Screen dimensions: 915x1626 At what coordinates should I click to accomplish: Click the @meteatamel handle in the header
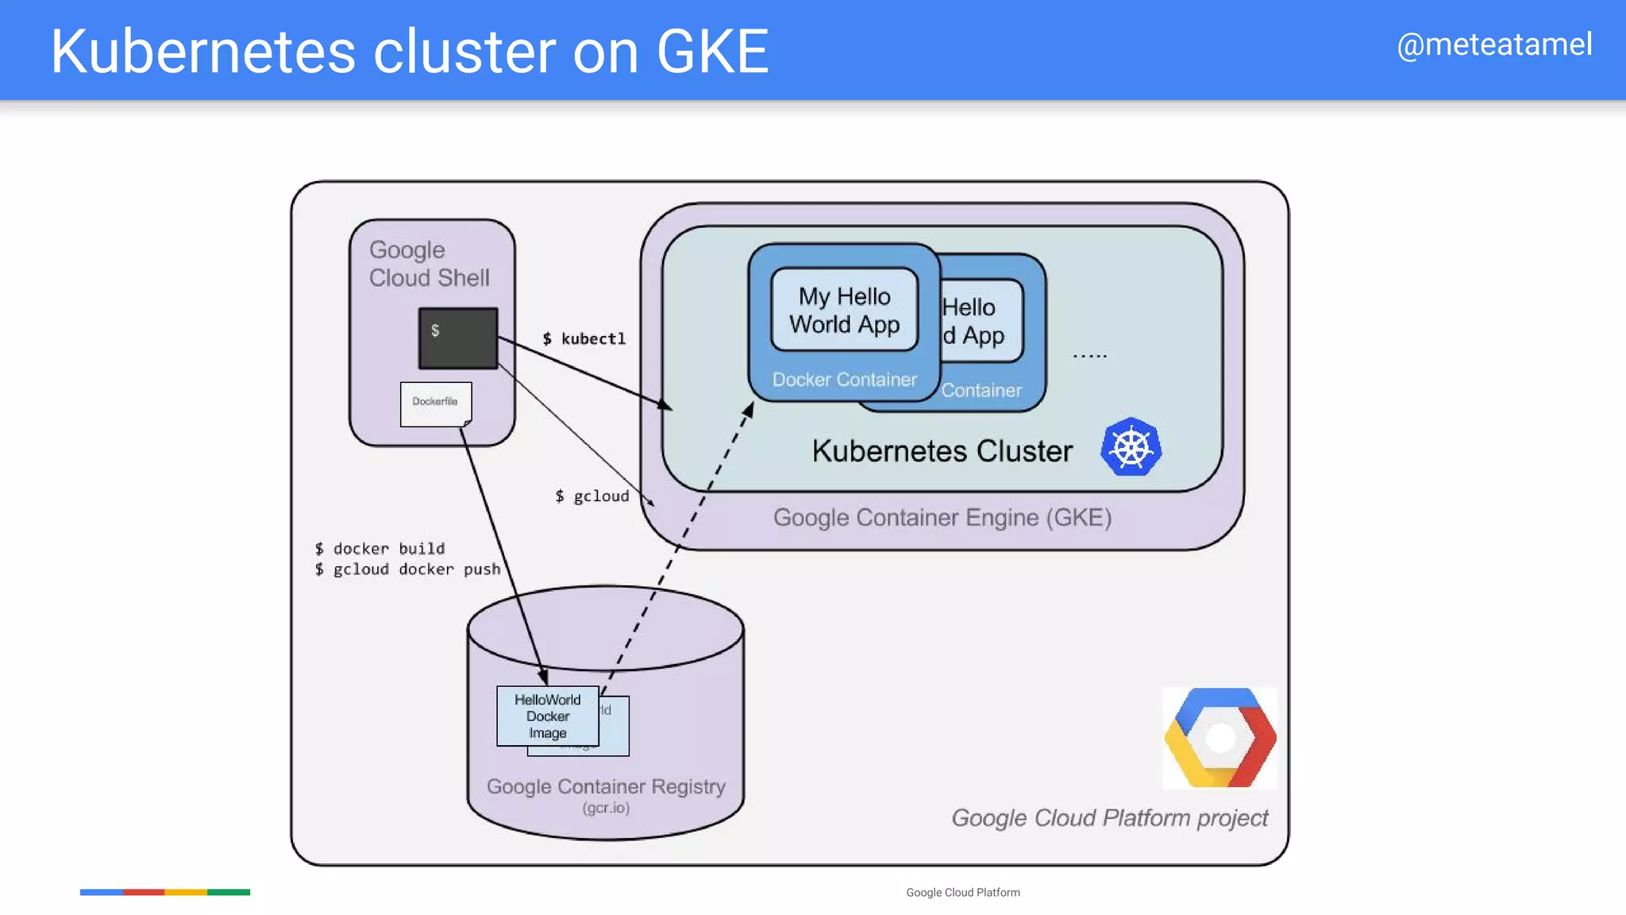[1493, 44]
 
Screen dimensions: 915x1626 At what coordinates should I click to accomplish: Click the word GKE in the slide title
[712, 52]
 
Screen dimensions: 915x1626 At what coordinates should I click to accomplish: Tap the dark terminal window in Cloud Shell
[458, 338]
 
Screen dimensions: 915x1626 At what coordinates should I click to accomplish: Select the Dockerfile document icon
[435, 403]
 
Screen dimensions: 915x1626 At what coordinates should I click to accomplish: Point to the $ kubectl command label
[584, 339]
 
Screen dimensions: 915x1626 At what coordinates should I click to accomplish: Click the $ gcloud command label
[592, 496]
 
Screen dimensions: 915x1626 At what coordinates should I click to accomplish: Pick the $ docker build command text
[380, 549]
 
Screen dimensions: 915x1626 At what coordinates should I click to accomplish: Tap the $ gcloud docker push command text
[407, 569]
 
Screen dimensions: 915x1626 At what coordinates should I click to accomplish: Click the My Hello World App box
[844, 310]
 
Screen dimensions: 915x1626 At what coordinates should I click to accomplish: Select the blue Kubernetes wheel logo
[1131, 447]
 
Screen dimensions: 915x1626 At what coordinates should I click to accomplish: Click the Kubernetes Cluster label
[942, 451]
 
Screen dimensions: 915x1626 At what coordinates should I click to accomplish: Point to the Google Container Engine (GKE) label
[942, 518]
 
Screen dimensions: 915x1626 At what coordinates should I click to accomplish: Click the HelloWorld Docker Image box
[547, 716]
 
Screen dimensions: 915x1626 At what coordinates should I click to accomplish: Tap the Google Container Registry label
[606, 786]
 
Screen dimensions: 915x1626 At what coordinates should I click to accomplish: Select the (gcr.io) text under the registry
[606, 808]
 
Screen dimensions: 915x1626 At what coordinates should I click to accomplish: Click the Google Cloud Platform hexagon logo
[1219, 738]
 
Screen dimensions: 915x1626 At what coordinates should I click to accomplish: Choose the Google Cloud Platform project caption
[1109, 818]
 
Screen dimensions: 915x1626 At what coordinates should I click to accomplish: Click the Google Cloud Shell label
[429, 264]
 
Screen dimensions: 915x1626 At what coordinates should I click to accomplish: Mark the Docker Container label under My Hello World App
[844, 380]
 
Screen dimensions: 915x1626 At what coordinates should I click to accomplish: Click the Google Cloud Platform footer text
[962, 893]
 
